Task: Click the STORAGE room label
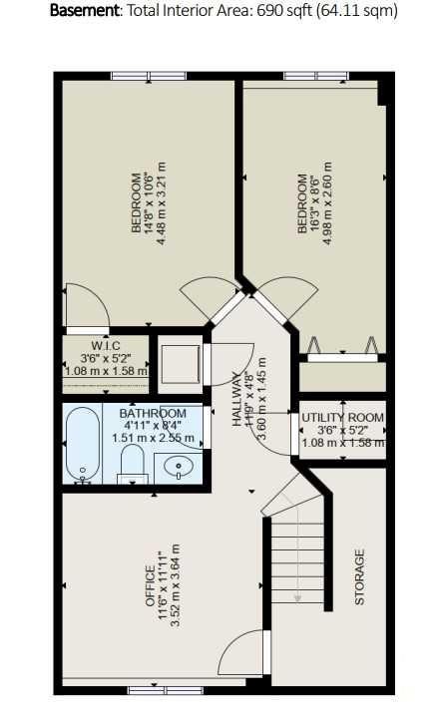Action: coord(360,577)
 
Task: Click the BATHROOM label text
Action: coord(153,413)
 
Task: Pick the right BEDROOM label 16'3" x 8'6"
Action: coord(302,205)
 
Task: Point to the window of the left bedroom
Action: coord(141,75)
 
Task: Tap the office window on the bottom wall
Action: coord(162,687)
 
